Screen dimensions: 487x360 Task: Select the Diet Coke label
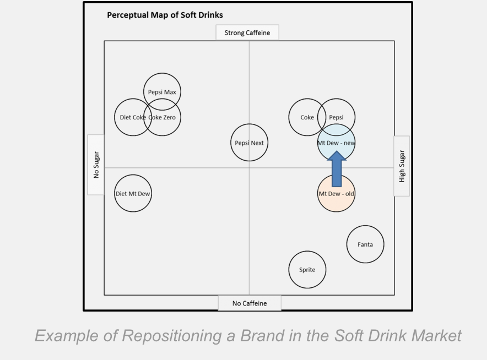click(133, 117)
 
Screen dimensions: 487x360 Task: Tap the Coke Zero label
click(162, 117)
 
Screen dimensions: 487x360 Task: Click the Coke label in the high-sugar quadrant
click(307, 117)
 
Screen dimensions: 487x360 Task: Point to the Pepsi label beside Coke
click(336, 118)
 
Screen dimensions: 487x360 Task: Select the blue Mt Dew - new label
click(336, 143)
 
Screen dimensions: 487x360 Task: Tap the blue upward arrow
click(337, 169)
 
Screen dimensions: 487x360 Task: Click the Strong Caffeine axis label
click(247, 32)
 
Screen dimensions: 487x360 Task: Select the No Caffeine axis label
click(250, 303)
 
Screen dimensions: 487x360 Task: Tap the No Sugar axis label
click(96, 165)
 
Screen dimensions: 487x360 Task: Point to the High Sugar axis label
click(402, 166)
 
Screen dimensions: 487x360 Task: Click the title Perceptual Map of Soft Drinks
click(165, 15)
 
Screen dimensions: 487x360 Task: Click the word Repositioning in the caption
click(172, 336)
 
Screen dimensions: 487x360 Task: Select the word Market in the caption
click(436, 335)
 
